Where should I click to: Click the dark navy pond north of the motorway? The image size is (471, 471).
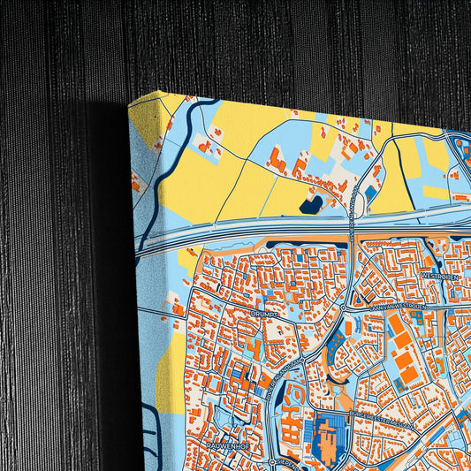coord(310,205)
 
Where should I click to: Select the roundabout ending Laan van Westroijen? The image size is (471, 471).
coord(344,308)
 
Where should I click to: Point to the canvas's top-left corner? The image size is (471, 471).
coord(130,104)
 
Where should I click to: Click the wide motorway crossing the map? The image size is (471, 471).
coord(265,233)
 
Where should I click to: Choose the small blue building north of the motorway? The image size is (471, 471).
coord(371,191)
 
